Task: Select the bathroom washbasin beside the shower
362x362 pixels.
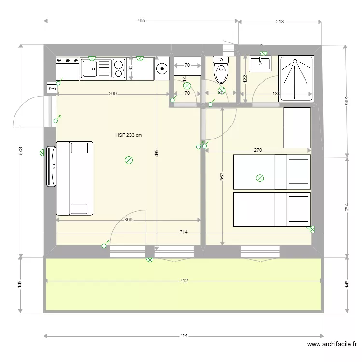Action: point(260,64)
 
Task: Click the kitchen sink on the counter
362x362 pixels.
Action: point(96,69)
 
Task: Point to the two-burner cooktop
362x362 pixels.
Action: point(119,69)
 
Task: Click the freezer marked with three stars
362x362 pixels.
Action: point(68,68)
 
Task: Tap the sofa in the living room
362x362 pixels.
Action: point(74,178)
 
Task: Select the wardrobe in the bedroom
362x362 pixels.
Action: point(297,127)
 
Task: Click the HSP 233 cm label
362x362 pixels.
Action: point(129,135)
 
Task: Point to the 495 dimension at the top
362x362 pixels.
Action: point(141,21)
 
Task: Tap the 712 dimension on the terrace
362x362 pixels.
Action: point(183,280)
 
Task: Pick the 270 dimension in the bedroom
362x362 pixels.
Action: point(258,150)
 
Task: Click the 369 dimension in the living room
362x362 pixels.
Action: point(128,219)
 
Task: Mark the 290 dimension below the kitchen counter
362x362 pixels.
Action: point(112,94)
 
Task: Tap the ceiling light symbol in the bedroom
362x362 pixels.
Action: point(260,178)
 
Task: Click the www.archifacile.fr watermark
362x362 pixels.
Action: point(332,344)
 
